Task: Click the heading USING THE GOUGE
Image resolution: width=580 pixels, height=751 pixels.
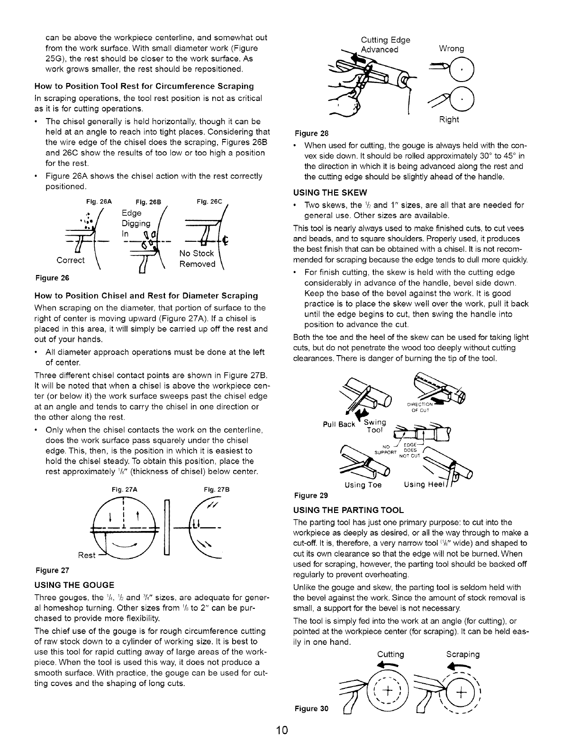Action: pyautogui.click(x=75, y=584)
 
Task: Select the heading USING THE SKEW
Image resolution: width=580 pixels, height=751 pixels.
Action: pyautogui.click(x=331, y=193)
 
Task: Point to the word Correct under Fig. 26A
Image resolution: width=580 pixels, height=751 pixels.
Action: pyautogui.click(x=71, y=260)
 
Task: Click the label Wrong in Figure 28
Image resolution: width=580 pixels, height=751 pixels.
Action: pyautogui.click(x=452, y=49)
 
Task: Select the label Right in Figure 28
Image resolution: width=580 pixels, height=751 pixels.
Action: pyautogui.click(x=449, y=119)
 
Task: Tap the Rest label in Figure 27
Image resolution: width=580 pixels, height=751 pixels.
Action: pyautogui.click(x=87, y=555)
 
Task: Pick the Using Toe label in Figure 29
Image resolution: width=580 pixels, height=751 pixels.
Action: pyautogui.click(x=363, y=485)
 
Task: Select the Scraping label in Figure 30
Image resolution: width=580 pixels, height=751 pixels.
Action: pyautogui.click(x=463, y=654)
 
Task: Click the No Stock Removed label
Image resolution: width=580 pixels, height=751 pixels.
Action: pyautogui.click(x=197, y=259)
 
